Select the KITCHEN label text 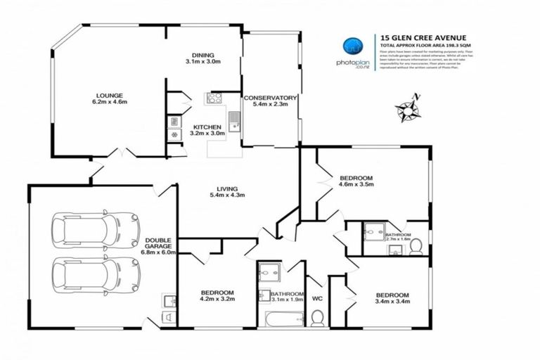pyautogui.click(x=207, y=127)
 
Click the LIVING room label pyautogui.click(x=226, y=188)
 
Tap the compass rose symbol pyautogui.click(x=409, y=110)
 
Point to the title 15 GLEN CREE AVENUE pyautogui.click(x=420, y=39)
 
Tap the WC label pyautogui.click(x=316, y=296)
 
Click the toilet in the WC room pyautogui.click(x=317, y=319)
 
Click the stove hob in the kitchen pyautogui.click(x=214, y=98)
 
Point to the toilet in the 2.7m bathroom pyautogui.click(x=416, y=245)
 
